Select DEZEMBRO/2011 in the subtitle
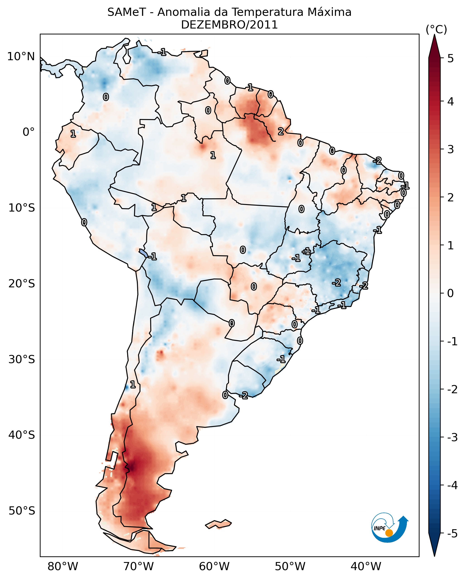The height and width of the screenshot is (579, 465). [x=229, y=25]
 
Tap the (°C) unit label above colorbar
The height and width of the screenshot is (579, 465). [x=436, y=30]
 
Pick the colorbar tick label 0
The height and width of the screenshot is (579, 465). [x=451, y=293]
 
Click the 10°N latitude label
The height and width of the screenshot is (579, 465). [x=21, y=57]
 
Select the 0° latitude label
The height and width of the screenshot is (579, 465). [x=29, y=132]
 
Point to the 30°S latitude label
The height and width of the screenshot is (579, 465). [x=22, y=359]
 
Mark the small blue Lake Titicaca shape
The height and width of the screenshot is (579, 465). [x=143, y=253]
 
